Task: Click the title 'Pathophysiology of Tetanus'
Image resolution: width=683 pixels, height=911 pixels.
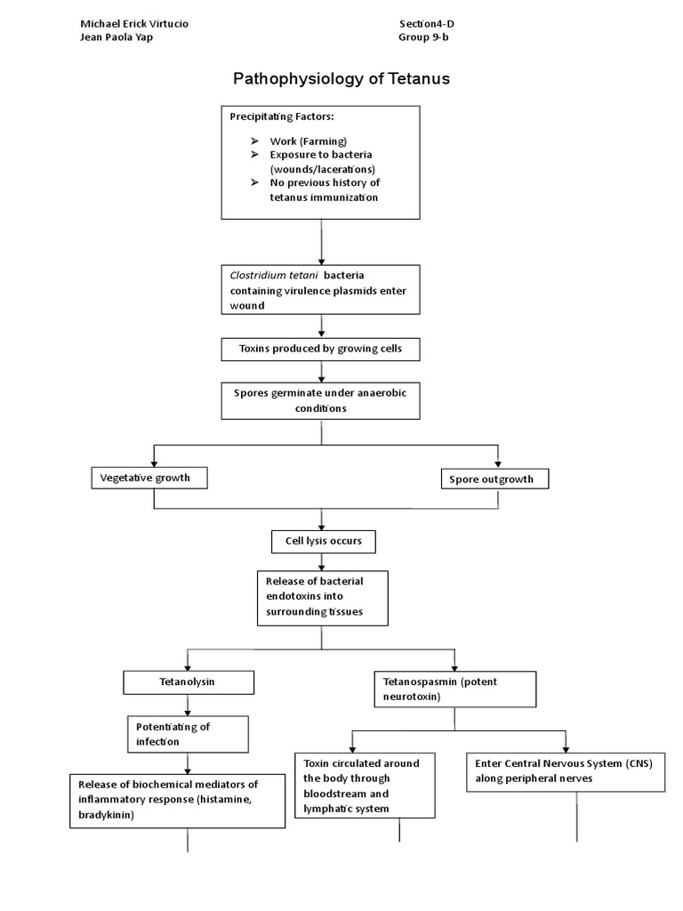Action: click(x=341, y=78)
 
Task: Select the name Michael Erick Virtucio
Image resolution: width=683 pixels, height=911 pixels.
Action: click(x=134, y=22)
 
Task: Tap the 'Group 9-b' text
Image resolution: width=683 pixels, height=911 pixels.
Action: click(x=430, y=37)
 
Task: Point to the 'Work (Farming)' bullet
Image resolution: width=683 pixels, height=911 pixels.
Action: click(x=308, y=141)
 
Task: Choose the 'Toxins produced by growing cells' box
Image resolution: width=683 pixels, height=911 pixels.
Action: click(x=320, y=349)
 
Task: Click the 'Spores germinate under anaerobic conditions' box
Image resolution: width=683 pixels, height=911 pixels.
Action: click(x=320, y=399)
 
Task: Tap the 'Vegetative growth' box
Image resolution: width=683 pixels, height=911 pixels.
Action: click(x=152, y=478)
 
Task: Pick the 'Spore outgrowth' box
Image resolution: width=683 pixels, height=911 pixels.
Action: click(x=494, y=479)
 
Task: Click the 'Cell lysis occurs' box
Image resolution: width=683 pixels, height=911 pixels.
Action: click(x=323, y=541)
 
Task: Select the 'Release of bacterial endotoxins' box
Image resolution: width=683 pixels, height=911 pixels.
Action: click(x=323, y=597)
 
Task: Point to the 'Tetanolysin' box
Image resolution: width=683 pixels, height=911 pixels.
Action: click(x=188, y=682)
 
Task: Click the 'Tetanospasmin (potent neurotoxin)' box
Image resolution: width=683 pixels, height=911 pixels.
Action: click(x=453, y=689)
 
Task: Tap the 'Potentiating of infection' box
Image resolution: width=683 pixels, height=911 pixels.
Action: click(x=187, y=734)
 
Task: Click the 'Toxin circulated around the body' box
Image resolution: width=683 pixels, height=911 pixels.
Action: click(x=364, y=786)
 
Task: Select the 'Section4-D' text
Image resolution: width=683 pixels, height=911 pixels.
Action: click(x=431, y=22)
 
